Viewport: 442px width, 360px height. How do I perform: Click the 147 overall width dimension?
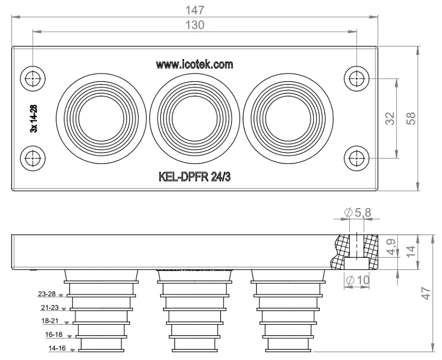194,10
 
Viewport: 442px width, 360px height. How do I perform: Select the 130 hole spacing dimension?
194,25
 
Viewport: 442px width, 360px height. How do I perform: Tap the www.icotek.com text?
194,65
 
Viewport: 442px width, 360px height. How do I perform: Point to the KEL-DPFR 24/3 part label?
194,177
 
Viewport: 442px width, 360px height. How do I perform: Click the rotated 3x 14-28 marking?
34,118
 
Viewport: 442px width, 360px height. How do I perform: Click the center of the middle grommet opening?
194,119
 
